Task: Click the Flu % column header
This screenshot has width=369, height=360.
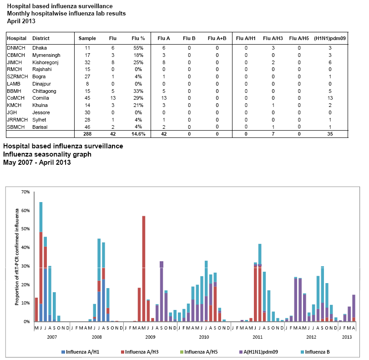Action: tap(137, 38)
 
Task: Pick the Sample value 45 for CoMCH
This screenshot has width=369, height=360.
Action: tap(87, 98)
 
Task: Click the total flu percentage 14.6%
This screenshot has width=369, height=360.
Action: tap(137, 134)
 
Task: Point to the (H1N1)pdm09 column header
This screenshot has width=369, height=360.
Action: tap(330, 38)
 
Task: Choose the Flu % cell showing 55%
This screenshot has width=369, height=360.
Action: tap(138, 47)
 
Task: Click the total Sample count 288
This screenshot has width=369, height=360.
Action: tap(87, 134)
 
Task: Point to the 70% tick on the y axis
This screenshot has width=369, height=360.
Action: tap(25, 192)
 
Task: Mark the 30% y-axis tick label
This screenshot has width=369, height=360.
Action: tap(25, 266)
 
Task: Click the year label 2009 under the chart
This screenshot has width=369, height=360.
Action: tap(150, 337)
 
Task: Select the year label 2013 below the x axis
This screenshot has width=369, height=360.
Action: tap(347, 337)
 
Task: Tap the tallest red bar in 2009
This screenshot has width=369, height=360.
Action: tap(144, 269)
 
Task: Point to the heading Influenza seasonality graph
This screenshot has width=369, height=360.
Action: tap(47, 154)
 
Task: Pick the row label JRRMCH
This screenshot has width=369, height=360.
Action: tap(17, 120)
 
